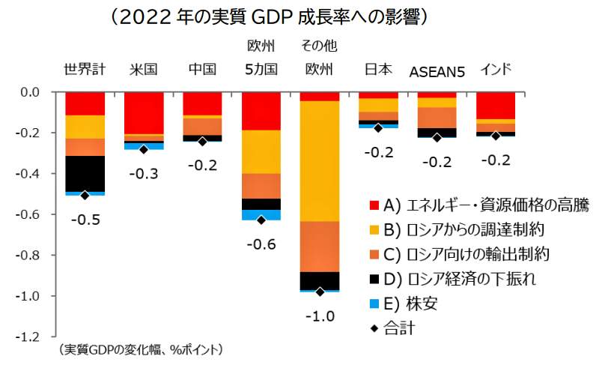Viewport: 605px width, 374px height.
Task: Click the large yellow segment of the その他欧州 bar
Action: click(x=319, y=161)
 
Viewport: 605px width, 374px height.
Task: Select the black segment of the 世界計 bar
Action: click(x=85, y=173)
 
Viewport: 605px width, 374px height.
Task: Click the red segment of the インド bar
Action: click(x=495, y=105)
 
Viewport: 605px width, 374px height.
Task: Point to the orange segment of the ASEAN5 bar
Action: click(x=437, y=118)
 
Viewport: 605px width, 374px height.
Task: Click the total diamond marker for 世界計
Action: click(x=85, y=196)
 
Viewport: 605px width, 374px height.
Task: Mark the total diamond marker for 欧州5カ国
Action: click(x=261, y=220)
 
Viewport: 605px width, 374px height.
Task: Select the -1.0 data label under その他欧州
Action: click(x=319, y=316)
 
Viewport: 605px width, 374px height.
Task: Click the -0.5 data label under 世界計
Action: click(x=85, y=220)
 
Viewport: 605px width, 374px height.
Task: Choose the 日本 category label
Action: click(x=377, y=70)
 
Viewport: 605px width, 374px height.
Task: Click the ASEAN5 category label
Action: click(x=437, y=71)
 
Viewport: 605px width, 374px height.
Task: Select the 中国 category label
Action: click(x=202, y=70)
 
